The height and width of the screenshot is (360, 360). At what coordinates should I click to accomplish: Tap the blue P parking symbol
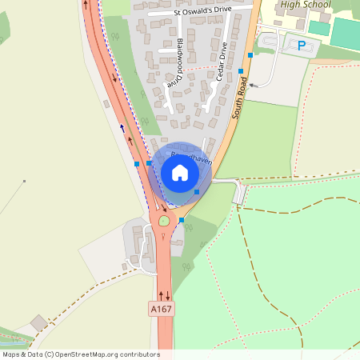click(x=302, y=46)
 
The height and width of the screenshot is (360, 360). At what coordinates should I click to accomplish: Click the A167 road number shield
click(x=161, y=308)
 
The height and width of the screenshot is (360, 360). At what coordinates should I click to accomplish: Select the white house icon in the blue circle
click(x=180, y=172)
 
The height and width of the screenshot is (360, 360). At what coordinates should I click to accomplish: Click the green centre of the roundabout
click(x=165, y=219)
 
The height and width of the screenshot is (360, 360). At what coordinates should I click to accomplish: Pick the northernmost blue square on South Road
click(x=251, y=54)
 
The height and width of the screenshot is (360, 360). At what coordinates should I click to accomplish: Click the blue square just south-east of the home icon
click(x=197, y=191)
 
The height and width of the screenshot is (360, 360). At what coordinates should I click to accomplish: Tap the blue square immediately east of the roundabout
click(x=182, y=219)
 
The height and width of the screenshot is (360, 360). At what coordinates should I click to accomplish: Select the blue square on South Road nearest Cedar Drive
click(x=241, y=71)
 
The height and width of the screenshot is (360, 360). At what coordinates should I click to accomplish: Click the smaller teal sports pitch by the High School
click(x=319, y=27)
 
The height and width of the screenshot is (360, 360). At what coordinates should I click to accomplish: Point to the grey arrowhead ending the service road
click(x=251, y=83)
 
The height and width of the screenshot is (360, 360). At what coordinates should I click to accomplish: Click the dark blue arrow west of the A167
click(x=122, y=126)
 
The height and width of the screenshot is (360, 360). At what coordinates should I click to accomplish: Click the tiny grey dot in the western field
click(x=24, y=181)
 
